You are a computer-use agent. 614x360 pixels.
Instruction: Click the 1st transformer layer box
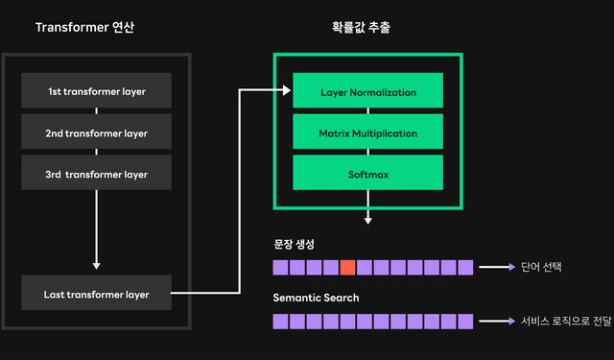[96, 91]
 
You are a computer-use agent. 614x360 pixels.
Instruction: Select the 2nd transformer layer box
[96, 132]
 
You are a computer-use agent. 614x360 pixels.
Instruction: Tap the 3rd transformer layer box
[96, 174]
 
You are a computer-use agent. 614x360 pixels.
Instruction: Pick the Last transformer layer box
[96, 294]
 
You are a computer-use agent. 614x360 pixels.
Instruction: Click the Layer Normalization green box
[367, 92]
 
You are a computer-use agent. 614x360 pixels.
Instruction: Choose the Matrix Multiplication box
[367, 133]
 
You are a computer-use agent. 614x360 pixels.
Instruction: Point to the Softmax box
[367, 175]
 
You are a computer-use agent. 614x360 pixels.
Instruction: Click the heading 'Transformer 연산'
[84, 27]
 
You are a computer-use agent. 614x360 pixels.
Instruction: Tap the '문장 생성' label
[295, 243]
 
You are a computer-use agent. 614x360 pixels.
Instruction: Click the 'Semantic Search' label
[316, 298]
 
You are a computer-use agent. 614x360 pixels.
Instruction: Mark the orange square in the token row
[347, 267]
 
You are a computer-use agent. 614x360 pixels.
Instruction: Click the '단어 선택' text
[540, 267]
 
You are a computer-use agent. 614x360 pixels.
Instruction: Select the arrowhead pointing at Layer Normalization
[287, 91]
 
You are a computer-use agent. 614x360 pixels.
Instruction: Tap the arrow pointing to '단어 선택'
[497, 267]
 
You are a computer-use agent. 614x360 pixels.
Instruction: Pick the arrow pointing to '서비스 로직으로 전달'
[497, 321]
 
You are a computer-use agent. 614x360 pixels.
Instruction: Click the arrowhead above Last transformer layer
[96, 266]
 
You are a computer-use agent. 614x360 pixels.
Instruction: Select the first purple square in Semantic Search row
[280, 321]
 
